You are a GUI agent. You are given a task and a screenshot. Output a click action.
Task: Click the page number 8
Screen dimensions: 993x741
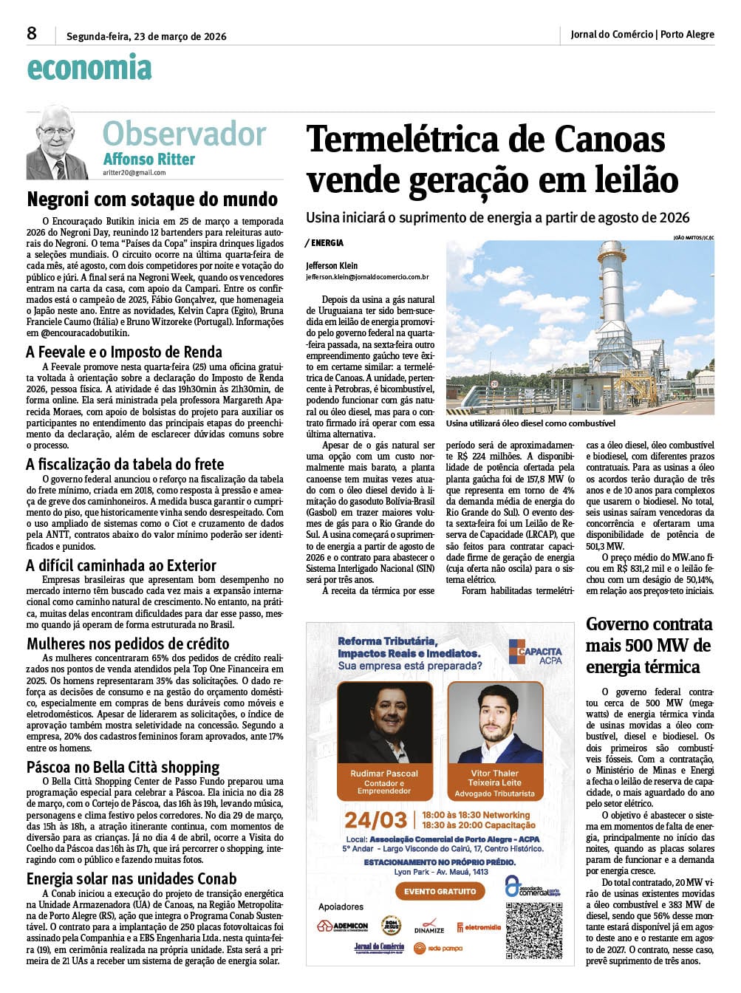coord(31,33)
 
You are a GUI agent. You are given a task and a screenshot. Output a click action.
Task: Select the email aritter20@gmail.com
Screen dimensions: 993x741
coord(134,173)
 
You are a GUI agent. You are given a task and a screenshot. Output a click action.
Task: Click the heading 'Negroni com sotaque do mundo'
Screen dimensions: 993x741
coord(152,199)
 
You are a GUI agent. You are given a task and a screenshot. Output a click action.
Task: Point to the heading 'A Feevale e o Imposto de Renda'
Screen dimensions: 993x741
coord(124,352)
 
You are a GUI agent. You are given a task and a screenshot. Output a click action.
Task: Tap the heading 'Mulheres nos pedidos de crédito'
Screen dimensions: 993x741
coord(128,644)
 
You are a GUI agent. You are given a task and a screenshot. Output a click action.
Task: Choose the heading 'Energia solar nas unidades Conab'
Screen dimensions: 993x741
coord(132,878)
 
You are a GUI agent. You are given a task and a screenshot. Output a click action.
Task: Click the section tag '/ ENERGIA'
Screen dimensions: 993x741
coord(324,242)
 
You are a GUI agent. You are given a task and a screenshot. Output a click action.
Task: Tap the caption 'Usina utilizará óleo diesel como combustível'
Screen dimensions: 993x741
coord(530,423)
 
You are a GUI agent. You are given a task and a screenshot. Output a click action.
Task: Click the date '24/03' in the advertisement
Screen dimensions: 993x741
coord(375,820)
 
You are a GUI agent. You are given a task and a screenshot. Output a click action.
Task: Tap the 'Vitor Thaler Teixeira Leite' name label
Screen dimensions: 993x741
coord(494,777)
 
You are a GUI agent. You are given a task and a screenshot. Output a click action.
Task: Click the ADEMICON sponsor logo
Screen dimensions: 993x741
coord(343,926)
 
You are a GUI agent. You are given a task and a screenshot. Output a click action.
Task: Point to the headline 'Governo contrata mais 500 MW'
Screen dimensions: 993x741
coord(649,645)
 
